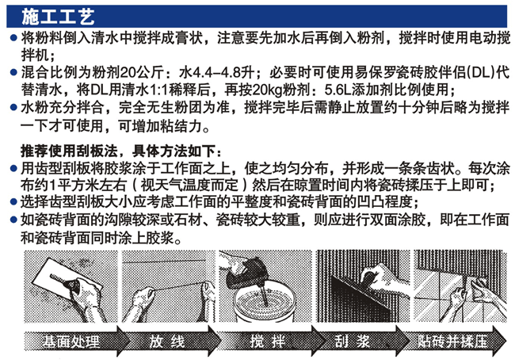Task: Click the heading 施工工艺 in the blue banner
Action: point(58,17)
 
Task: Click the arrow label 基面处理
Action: point(71,342)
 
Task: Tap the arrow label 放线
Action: point(166,342)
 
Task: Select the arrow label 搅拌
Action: point(267,342)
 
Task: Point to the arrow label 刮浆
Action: point(353,342)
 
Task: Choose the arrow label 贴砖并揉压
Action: point(452,342)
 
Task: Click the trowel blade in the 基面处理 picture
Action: point(55,278)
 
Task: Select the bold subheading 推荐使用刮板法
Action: point(69,151)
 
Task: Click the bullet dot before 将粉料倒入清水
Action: point(13,38)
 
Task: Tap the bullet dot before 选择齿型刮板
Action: point(13,201)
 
